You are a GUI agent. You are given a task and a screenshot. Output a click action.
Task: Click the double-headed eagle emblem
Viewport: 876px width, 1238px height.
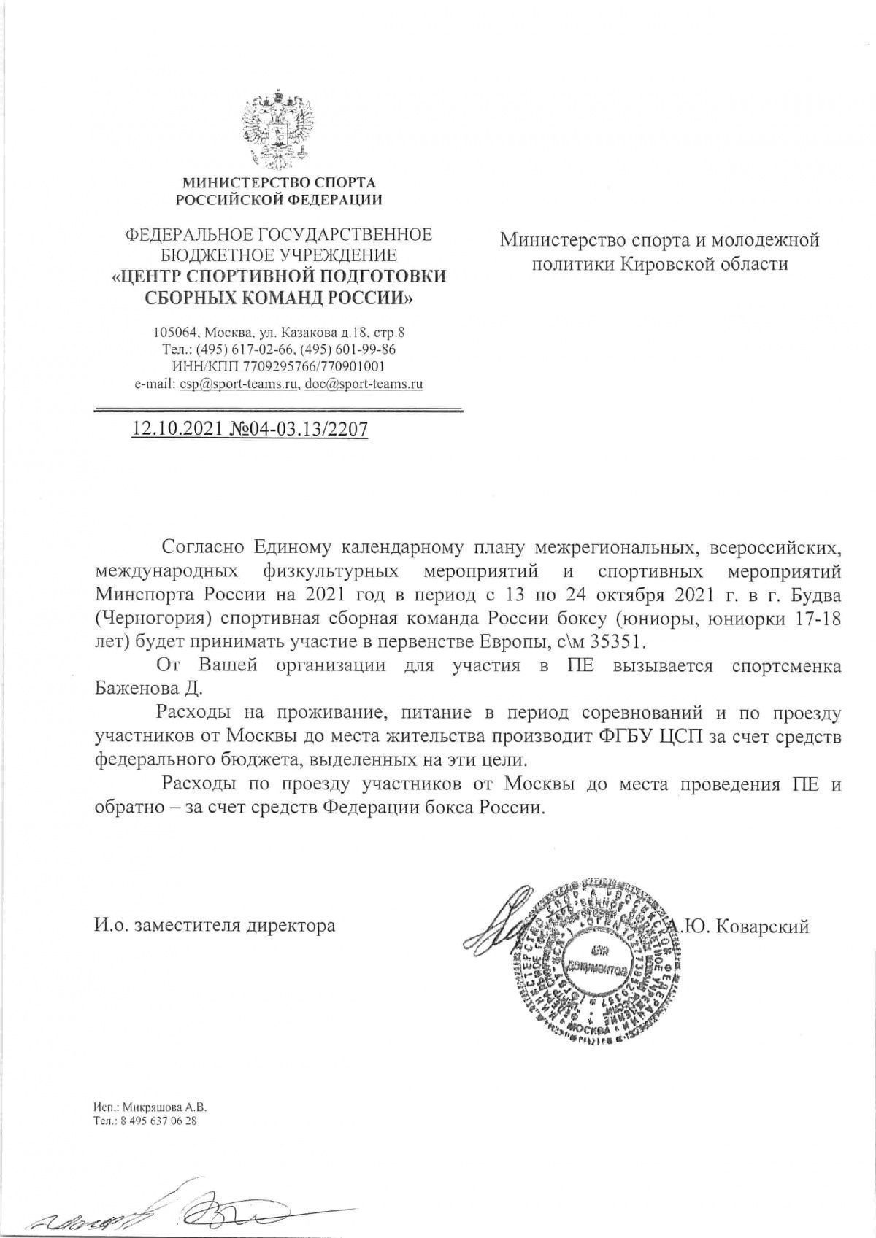pos(281,129)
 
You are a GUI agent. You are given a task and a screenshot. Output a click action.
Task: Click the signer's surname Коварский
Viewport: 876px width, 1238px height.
pos(763,926)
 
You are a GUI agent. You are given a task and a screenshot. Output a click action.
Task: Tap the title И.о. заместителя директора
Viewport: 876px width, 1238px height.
pos(215,926)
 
